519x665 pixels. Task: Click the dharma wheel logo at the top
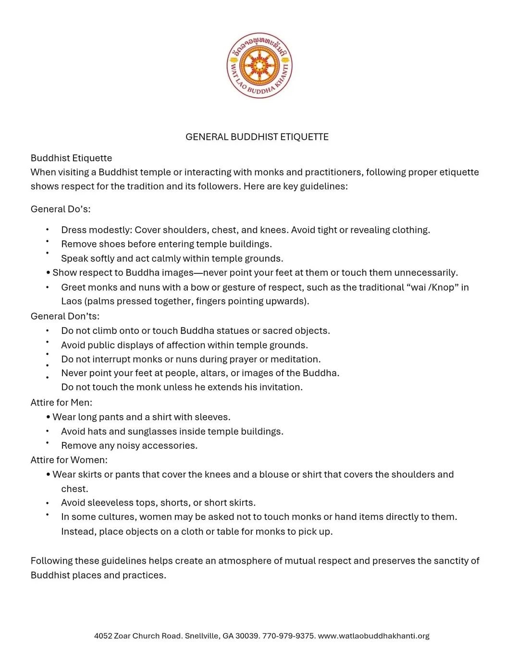coord(259,66)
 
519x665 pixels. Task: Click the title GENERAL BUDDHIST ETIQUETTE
coord(257,137)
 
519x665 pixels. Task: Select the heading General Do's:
coord(61,209)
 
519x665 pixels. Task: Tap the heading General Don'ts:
coord(65,316)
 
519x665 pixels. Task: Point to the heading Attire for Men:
coord(61,402)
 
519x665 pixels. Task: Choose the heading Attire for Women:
coord(69,460)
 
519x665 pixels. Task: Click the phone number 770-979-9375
coord(288,636)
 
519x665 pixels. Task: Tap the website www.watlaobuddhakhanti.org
coord(373,636)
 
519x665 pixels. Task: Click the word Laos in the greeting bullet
coord(71,301)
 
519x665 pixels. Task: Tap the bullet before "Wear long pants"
coord(49,417)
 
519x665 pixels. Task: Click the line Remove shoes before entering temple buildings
coord(166,244)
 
